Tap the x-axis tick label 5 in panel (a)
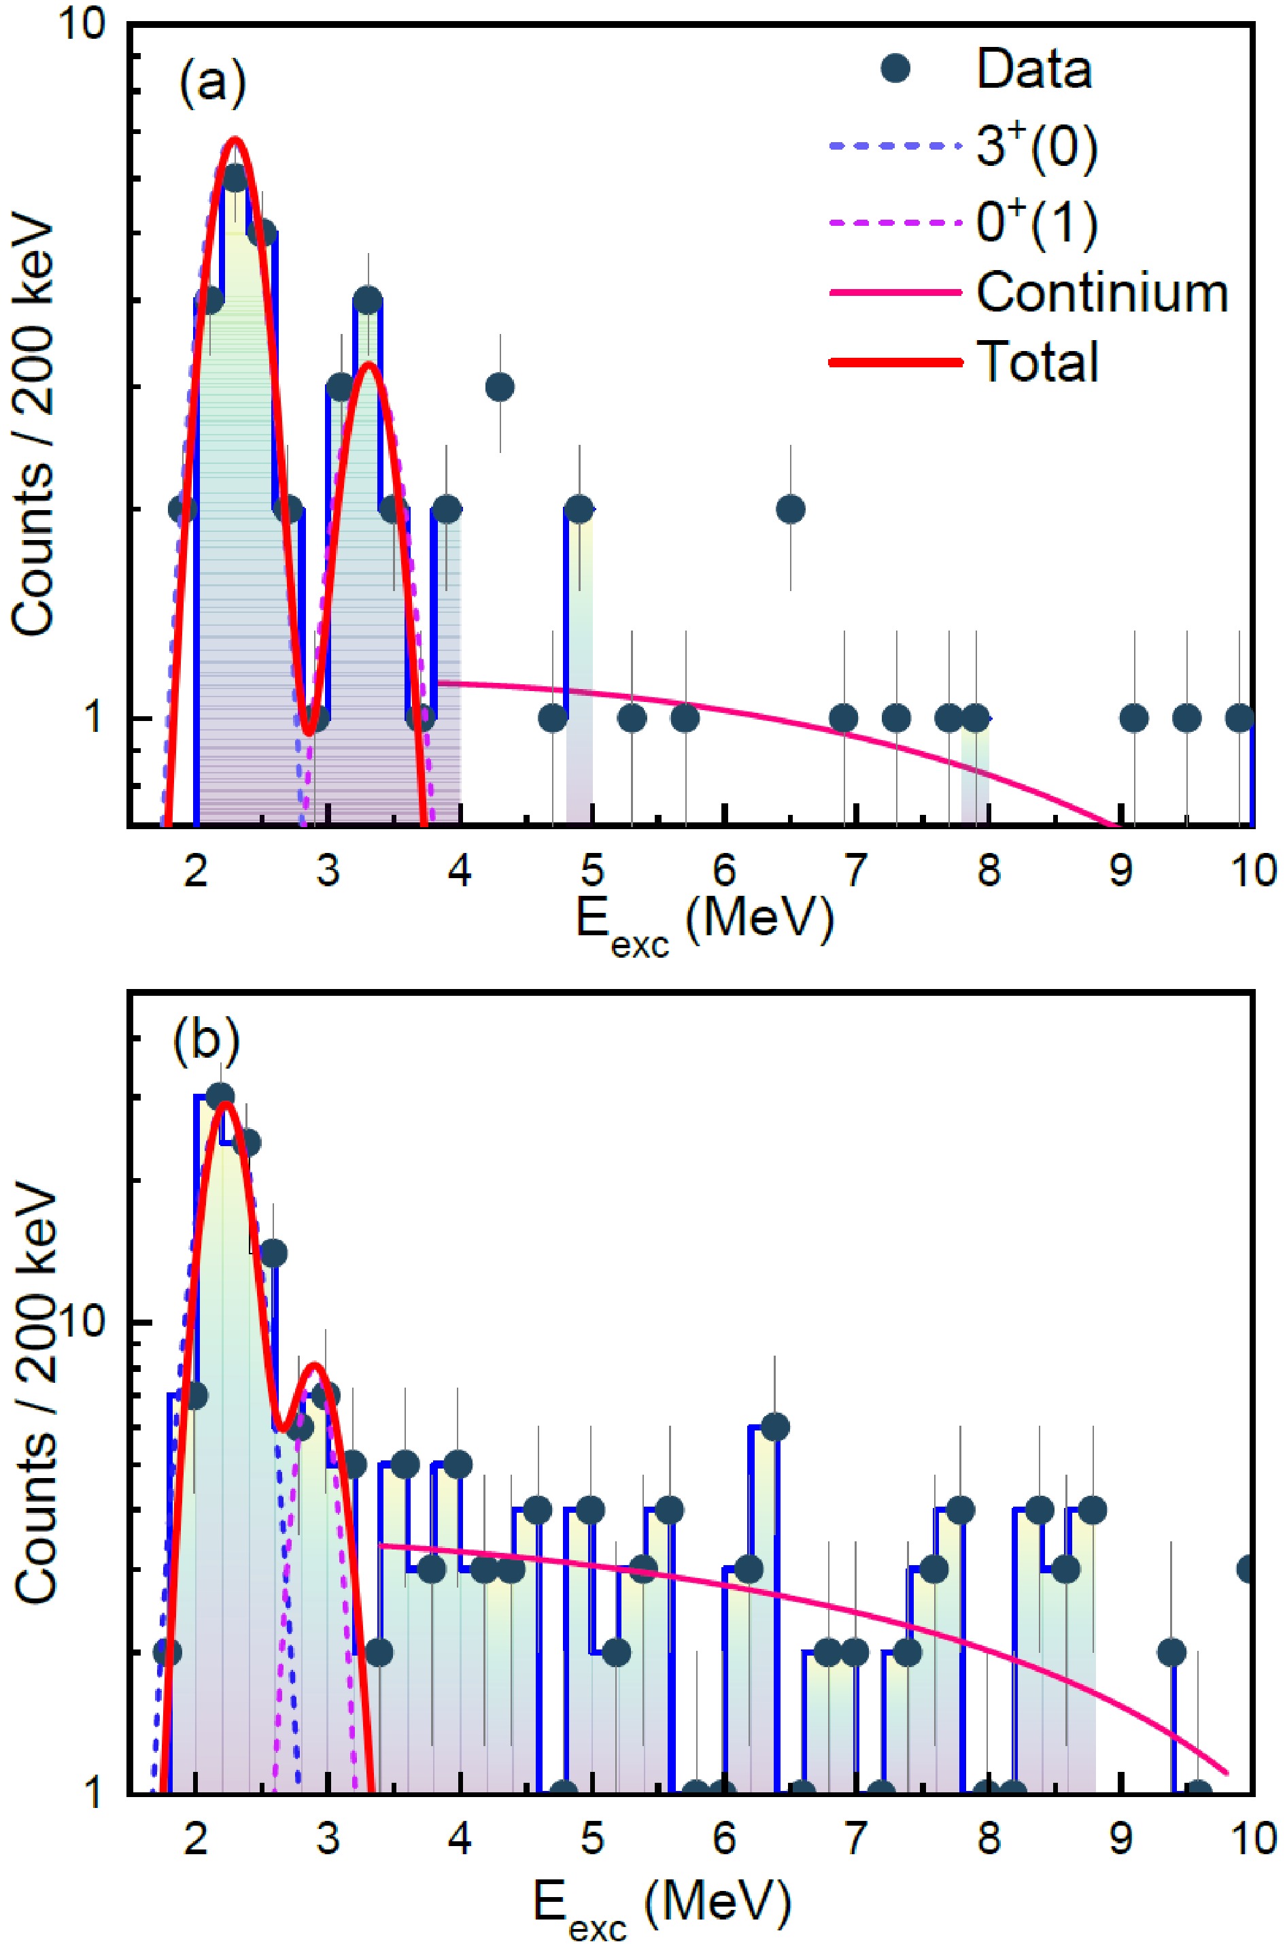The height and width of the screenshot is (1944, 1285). pos(592,869)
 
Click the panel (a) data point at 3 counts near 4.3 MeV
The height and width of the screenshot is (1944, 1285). pos(500,386)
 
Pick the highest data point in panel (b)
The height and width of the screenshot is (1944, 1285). pos(220,1096)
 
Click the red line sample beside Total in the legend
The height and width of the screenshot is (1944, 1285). pos(895,362)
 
